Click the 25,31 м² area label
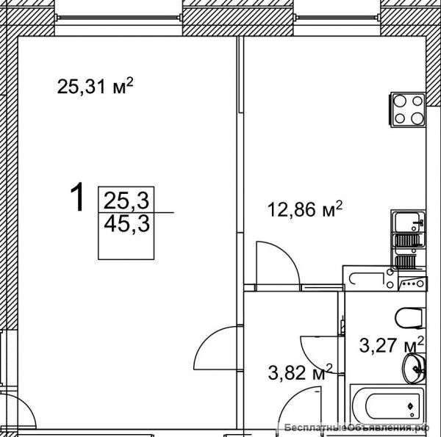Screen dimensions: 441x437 click(x=95, y=86)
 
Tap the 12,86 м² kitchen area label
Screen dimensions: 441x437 click(x=305, y=209)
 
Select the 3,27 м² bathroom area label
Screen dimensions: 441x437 click(x=392, y=344)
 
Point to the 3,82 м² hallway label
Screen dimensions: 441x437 click(x=300, y=372)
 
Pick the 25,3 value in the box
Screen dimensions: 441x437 click(x=126, y=201)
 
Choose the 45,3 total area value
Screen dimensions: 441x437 click(x=126, y=223)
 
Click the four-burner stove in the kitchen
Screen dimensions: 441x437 click(x=407, y=109)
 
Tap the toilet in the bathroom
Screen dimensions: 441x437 click(x=410, y=318)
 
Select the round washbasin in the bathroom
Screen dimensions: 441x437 click(x=414, y=369)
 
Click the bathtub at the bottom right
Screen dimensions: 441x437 click(x=388, y=406)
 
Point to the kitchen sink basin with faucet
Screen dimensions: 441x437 click(x=409, y=221)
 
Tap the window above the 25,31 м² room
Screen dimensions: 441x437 click(x=118, y=18)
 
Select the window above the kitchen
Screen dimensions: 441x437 click(x=337, y=18)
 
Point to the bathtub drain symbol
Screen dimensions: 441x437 click(x=410, y=405)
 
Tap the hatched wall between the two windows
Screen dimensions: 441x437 click(x=238, y=18)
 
